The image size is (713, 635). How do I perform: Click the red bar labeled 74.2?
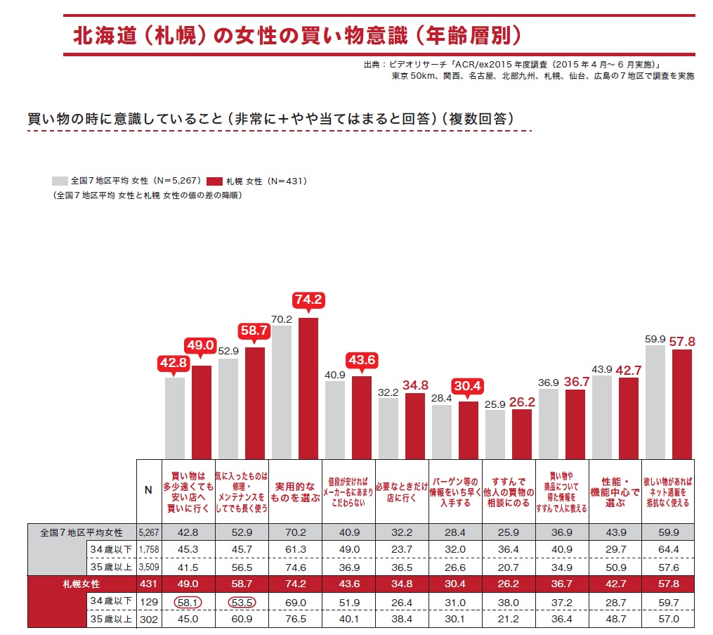click(308, 388)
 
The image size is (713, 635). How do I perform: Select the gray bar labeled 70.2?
click(282, 392)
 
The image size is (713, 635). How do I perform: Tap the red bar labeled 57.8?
click(681, 404)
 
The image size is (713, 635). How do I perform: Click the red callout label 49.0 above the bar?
click(201, 345)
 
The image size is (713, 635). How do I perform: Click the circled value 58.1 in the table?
click(188, 603)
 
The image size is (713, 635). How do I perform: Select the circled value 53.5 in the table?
click(242, 603)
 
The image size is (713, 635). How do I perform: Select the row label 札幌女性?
click(79, 584)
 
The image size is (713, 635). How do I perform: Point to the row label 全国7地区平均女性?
click(81, 532)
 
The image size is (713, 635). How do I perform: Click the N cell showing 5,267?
click(148, 532)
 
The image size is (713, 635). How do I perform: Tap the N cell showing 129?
click(148, 603)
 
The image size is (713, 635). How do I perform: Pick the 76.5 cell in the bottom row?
click(295, 620)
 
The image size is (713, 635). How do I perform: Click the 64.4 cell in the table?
click(668, 549)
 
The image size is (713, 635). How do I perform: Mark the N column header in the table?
click(148, 491)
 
